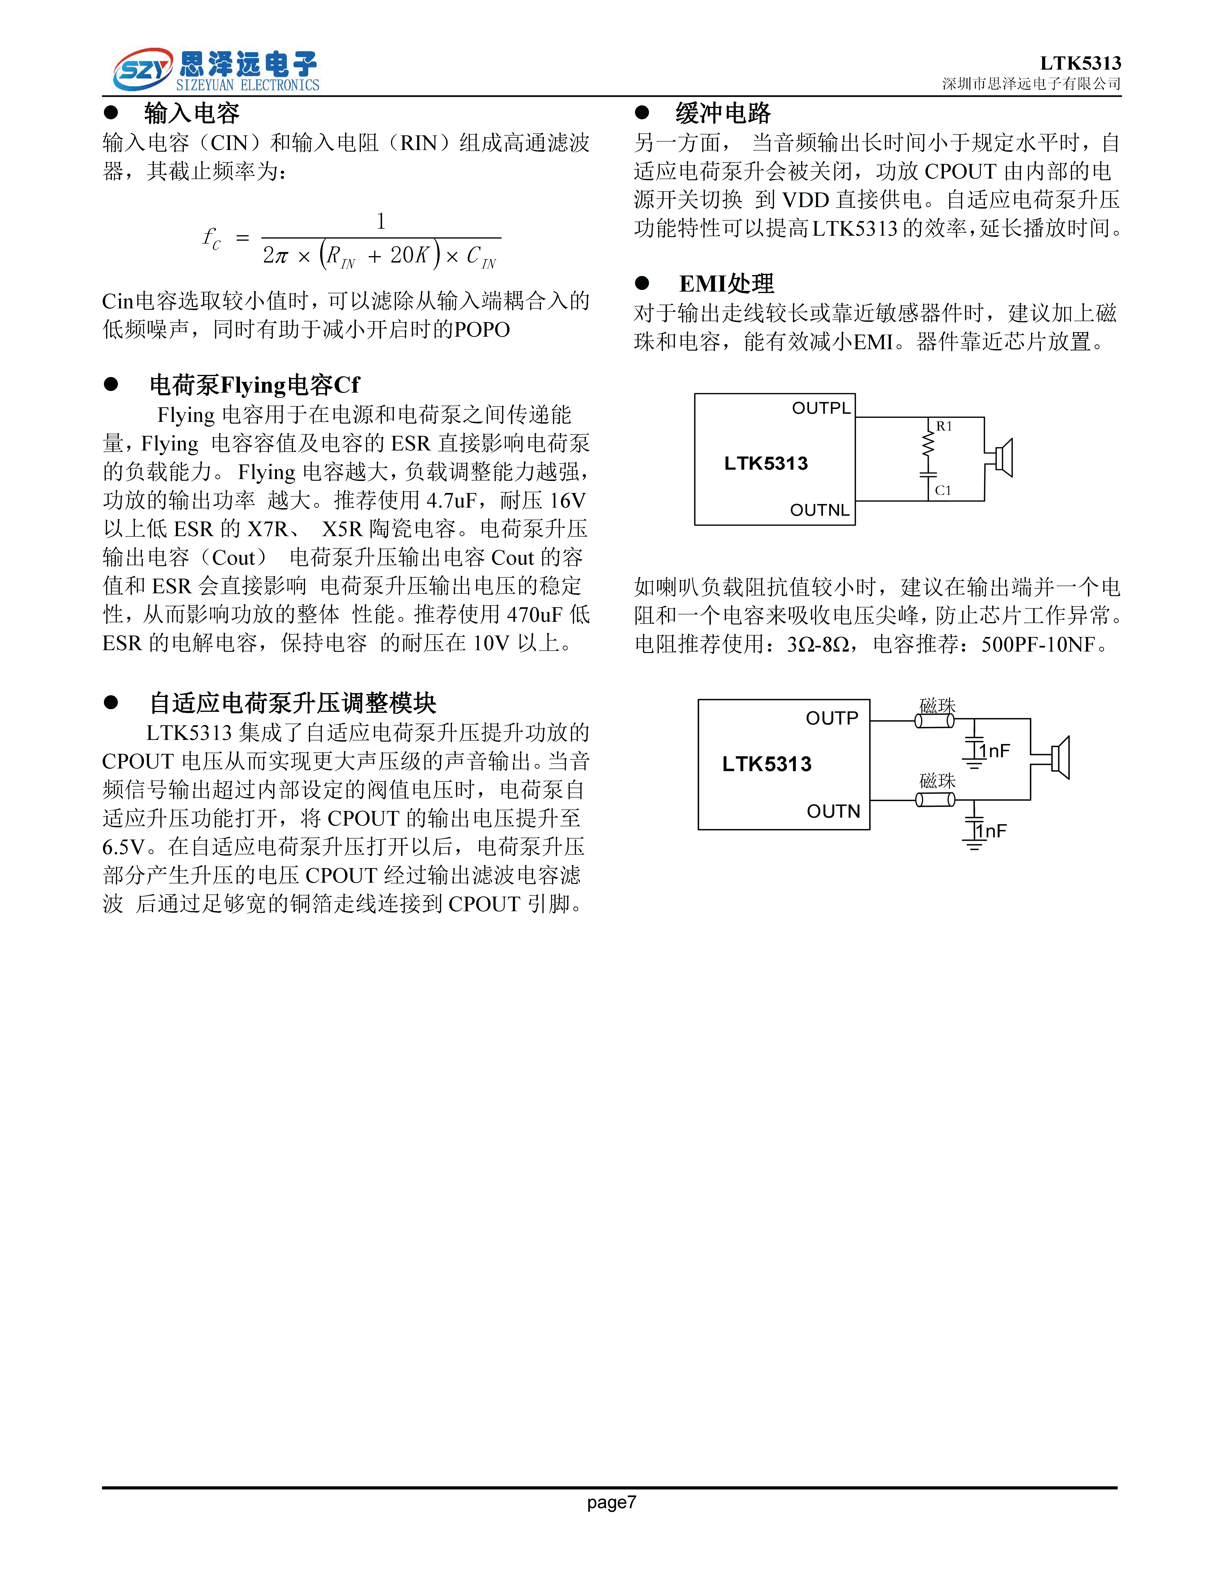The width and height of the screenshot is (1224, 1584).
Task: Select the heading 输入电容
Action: coord(192,113)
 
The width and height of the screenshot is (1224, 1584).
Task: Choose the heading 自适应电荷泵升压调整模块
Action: coord(292,703)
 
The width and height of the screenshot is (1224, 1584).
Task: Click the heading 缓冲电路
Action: coord(723,113)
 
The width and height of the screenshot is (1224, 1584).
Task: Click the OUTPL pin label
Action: coord(821,408)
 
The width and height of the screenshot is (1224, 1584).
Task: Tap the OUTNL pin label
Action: coord(819,510)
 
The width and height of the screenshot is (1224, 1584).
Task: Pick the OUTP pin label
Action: coord(832,718)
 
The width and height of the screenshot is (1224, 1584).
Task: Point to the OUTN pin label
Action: coord(833,811)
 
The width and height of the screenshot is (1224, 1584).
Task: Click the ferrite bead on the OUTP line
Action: coord(935,721)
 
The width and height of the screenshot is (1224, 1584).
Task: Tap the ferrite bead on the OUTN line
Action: coord(935,800)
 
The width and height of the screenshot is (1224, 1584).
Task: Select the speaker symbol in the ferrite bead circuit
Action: coord(1059,758)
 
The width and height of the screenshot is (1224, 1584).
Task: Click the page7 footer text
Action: coord(611,1502)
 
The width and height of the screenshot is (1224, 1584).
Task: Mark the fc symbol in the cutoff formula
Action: coord(211,238)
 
